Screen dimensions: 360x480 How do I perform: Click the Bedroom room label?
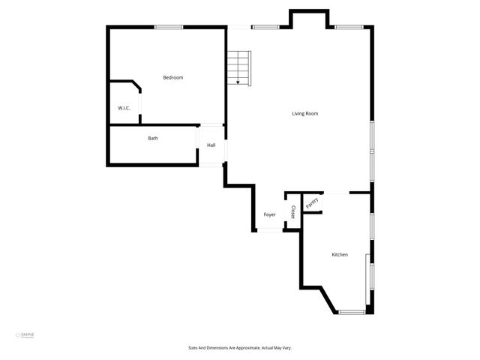[173, 77]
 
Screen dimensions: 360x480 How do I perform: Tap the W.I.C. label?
[124, 108]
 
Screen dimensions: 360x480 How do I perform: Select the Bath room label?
[153, 138]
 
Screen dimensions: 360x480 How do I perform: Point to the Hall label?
[211, 145]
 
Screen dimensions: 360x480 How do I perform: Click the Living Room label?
[305, 114]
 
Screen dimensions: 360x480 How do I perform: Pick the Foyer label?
[269, 214]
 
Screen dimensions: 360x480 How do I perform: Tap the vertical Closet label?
[292, 211]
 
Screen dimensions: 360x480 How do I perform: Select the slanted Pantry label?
[312, 201]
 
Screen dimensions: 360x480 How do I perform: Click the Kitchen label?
[340, 255]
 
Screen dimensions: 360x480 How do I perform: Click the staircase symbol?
[238, 67]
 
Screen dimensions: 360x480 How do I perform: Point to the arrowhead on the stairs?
[238, 82]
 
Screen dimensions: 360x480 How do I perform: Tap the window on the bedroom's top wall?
[169, 28]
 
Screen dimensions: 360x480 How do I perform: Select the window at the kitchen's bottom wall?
[352, 311]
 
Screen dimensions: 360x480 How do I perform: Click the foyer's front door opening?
[270, 230]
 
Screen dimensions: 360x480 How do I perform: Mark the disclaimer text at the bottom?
[239, 348]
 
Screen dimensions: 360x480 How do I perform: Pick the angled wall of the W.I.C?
[137, 85]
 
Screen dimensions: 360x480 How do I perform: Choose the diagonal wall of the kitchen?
[328, 298]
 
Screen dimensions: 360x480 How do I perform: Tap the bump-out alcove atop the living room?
[309, 19]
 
